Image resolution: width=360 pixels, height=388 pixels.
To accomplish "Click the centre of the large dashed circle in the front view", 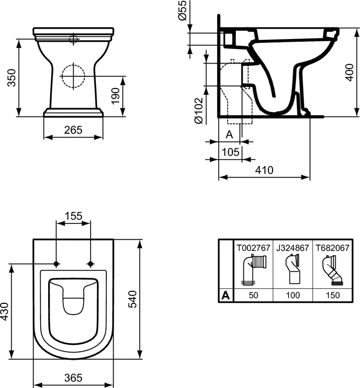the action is [x=73, y=76].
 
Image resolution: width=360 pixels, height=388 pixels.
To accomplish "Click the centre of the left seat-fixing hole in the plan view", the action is [x=56, y=264].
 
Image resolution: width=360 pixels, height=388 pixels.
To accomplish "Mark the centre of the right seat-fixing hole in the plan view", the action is [x=90, y=264].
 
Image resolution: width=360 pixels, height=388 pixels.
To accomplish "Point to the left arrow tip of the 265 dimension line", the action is [x=44, y=137].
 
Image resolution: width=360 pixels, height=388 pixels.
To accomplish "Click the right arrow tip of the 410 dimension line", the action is [x=310, y=177].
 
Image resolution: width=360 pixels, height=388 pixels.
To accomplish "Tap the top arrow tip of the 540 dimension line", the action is [x=140, y=240].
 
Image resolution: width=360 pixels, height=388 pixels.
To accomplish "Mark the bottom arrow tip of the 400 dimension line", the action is [x=357, y=116].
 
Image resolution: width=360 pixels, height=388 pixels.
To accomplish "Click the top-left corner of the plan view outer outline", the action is [x=33, y=239].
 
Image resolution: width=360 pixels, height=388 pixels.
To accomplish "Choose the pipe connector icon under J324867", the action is [x=293, y=269].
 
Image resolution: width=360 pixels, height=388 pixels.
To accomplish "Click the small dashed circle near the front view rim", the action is [x=73, y=39].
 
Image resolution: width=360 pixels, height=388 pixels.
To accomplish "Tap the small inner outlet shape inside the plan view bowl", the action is [x=73, y=306].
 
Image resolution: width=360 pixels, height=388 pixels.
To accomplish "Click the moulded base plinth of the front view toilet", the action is [x=73, y=112].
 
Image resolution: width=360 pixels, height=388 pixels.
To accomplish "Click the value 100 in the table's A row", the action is [x=293, y=295].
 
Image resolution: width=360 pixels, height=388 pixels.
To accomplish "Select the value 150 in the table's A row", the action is [x=333, y=295].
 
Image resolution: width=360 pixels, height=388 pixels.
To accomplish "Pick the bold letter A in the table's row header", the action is [x=225, y=295].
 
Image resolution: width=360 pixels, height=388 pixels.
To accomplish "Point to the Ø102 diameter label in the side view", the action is [x=199, y=111].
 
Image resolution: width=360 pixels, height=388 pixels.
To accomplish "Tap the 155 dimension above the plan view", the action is [x=73, y=216].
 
